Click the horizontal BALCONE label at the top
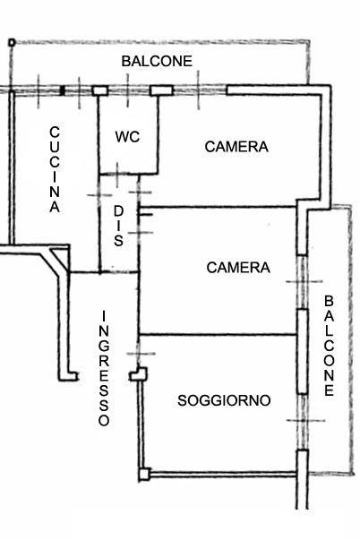click(x=157, y=61)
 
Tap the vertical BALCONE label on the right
click(x=329, y=346)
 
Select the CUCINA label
click(x=55, y=169)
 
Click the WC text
click(x=127, y=137)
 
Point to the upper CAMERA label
click(x=236, y=147)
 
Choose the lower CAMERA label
click(x=238, y=268)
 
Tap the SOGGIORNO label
click(x=224, y=400)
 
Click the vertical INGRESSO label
click(x=104, y=368)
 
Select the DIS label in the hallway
click(x=118, y=226)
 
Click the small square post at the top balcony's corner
click(x=12, y=43)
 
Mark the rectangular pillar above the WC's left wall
click(x=100, y=90)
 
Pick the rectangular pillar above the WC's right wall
click(x=161, y=90)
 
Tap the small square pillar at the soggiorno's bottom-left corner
click(x=144, y=475)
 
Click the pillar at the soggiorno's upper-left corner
click(x=139, y=374)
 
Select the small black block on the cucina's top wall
click(x=63, y=90)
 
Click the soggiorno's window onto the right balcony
click(x=302, y=422)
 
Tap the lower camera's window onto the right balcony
click(x=302, y=282)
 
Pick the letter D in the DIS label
click(x=118, y=211)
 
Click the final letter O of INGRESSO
click(x=104, y=421)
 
